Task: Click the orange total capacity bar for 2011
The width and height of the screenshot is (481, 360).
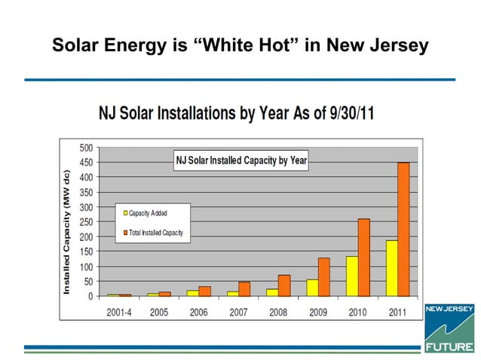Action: click(403, 229)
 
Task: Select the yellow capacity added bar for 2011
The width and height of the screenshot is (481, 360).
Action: click(391, 268)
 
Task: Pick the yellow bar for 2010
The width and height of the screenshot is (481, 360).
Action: click(351, 276)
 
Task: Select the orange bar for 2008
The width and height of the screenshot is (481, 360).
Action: click(283, 285)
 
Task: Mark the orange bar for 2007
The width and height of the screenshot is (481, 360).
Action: click(244, 288)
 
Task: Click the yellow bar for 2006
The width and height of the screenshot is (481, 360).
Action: click(193, 293)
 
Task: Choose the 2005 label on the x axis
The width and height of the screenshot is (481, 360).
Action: click(159, 312)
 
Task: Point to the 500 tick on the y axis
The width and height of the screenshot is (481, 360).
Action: click(87, 147)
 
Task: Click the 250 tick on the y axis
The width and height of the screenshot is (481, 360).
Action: click(87, 221)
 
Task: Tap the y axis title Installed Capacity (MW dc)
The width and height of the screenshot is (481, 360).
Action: click(66, 231)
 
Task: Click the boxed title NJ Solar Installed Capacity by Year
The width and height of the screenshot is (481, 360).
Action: click(240, 160)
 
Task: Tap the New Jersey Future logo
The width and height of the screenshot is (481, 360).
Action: click(450, 328)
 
